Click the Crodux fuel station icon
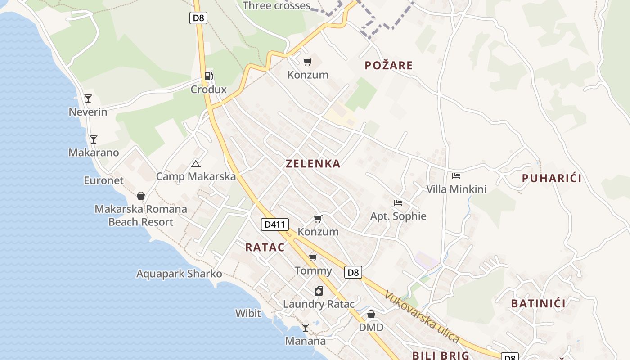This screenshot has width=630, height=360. (x=208, y=76)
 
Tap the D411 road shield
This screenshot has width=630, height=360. (x=274, y=224)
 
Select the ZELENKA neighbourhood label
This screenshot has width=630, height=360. (x=313, y=164)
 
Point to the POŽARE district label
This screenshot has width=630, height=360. (x=389, y=66)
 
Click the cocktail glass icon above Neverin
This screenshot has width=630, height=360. (x=88, y=99)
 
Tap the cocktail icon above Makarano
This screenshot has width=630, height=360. (x=94, y=139)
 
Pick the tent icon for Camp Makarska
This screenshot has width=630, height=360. (x=195, y=164)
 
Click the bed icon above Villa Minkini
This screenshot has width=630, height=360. (x=456, y=176)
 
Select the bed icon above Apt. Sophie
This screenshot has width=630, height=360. (x=398, y=203)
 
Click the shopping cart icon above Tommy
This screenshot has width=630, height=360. (x=313, y=258)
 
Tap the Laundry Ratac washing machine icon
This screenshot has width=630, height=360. (x=319, y=291)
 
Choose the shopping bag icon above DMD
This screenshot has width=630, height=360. (x=371, y=314)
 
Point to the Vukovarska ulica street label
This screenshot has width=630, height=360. (x=422, y=317)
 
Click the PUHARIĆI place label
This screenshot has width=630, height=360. (x=552, y=178)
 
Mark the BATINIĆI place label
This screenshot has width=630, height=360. (x=538, y=303)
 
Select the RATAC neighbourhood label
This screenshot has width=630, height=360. (x=265, y=247)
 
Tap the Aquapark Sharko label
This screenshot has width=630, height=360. (x=179, y=274)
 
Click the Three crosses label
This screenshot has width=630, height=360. (x=276, y=6)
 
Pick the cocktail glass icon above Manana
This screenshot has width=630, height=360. (x=306, y=328)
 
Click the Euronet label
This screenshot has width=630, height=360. (x=103, y=180)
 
